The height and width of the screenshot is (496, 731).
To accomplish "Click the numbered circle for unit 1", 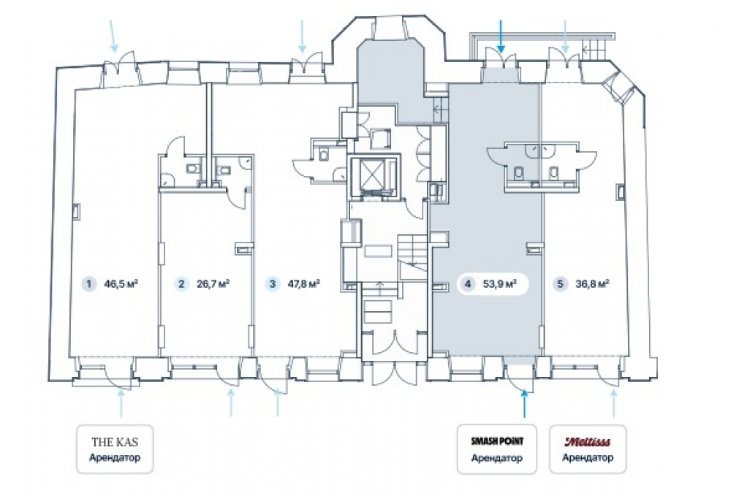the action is tap(88, 283).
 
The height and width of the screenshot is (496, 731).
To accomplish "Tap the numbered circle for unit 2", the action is tap(181, 283).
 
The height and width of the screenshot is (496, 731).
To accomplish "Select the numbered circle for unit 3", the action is tap(273, 283).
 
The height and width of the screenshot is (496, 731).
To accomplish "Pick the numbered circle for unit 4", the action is tap(468, 283).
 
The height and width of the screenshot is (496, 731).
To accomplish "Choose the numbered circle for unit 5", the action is tap(561, 283).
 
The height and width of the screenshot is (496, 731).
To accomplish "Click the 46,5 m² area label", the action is tap(121, 283).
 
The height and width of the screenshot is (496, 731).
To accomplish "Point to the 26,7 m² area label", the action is tap(213, 283).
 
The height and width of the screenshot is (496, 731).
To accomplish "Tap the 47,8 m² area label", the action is tap(304, 283).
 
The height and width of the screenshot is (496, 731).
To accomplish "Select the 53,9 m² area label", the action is tap(499, 283).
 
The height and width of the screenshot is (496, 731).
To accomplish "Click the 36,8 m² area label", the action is tap(593, 283).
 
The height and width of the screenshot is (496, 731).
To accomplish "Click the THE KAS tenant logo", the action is tap(115, 442).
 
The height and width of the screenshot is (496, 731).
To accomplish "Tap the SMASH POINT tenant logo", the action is tap(497, 441).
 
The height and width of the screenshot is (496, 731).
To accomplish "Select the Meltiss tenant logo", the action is tap(588, 441).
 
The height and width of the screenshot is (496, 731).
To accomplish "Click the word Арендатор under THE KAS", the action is tap(115, 457).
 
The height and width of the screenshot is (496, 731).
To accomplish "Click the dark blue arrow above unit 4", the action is tap(501, 36).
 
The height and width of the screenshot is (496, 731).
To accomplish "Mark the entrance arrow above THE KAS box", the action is tap(121, 403).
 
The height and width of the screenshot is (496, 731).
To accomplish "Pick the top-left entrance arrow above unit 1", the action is tap(113, 36).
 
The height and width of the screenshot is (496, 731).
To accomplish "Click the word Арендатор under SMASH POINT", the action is tap(496, 458).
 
